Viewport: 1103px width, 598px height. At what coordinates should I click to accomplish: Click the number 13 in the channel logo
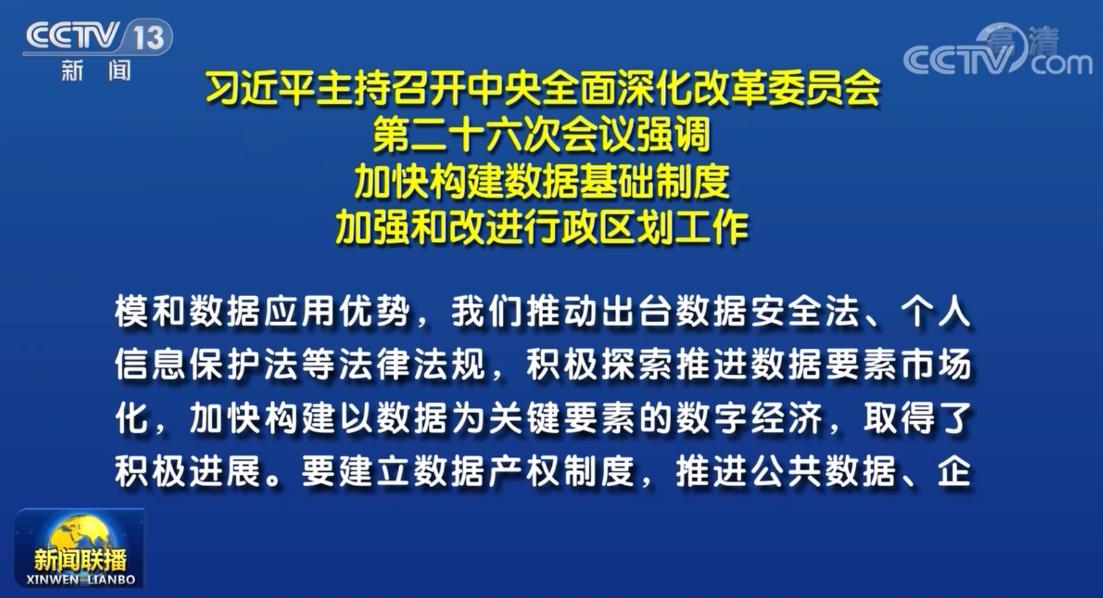click(149, 38)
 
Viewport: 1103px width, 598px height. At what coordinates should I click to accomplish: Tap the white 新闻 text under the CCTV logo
click(96, 71)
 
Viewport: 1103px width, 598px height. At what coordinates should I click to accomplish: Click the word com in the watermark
click(1062, 63)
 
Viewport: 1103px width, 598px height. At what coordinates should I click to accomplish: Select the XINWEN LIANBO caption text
click(81, 579)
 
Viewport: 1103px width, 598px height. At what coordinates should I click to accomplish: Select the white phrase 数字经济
click(750, 419)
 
